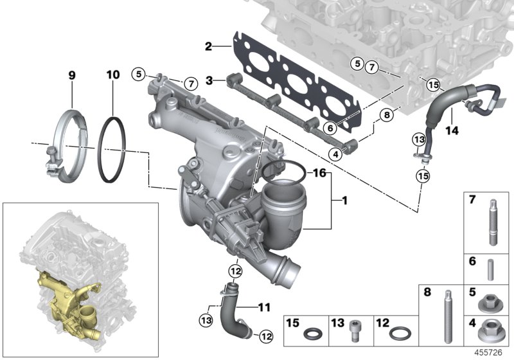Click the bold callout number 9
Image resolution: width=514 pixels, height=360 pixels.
click(x=72, y=76)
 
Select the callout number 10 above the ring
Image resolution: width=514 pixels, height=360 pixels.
click(x=112, y=76)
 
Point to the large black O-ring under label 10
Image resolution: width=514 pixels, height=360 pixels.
click(x=116, y=152)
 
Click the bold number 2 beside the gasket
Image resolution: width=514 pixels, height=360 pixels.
click(x=208, y=46)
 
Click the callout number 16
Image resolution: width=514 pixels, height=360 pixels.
click(x=319, y=174)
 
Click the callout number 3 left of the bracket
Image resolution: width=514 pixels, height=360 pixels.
click(x=208, y=80)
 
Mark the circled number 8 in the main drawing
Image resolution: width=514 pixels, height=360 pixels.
click(x=385, y=116)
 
